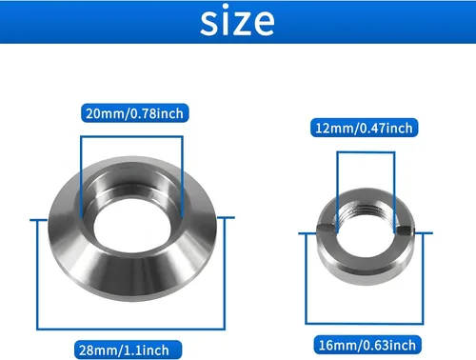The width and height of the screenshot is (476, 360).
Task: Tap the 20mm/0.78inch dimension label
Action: (132, 113)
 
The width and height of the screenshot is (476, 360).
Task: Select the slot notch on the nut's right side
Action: (405, 229)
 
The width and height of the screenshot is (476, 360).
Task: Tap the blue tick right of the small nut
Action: (420, 230)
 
